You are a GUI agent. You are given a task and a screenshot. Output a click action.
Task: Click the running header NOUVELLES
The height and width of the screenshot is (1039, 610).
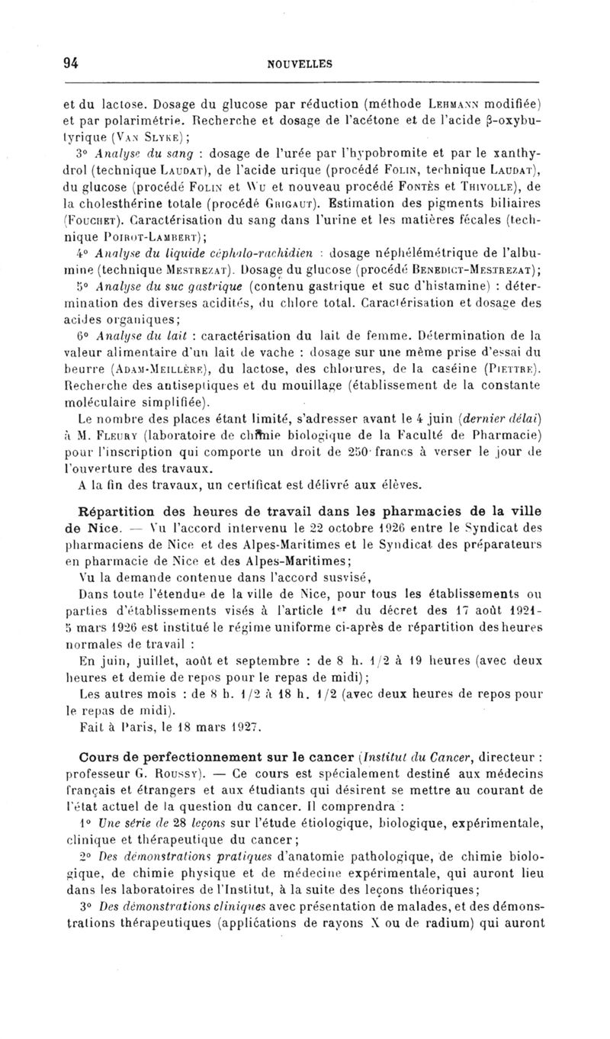(x=300, y=65)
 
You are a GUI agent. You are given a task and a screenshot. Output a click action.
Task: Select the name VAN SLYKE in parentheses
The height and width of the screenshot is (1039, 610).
(x=145, y=137)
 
